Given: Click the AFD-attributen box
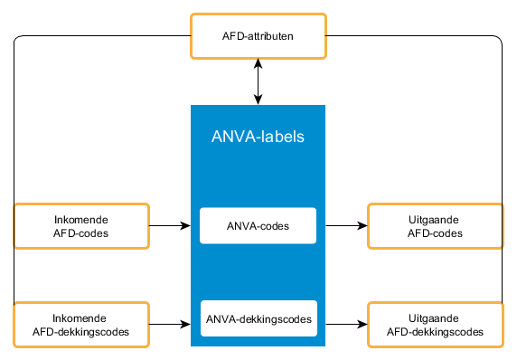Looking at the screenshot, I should click(258, 36).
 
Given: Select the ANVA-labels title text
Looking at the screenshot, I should click(258, 137).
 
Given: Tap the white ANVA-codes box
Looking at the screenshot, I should click(258, 226).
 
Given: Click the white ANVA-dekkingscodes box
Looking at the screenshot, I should click(258, 318).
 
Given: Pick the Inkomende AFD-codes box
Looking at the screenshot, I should click(80, 226).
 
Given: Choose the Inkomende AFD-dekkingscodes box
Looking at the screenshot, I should click(80, 324).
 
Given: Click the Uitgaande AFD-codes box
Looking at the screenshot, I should click(435, 226).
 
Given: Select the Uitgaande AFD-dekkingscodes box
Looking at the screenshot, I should click(435, 324).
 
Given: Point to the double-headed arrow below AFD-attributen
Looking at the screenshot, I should click(258, 81).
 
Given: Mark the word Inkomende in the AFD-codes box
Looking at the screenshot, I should click(80, 219).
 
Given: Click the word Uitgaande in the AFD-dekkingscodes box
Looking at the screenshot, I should click(435, 317).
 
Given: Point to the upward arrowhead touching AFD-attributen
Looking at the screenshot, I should click(258, 63).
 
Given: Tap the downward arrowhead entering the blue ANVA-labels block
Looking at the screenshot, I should click(258, 99).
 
